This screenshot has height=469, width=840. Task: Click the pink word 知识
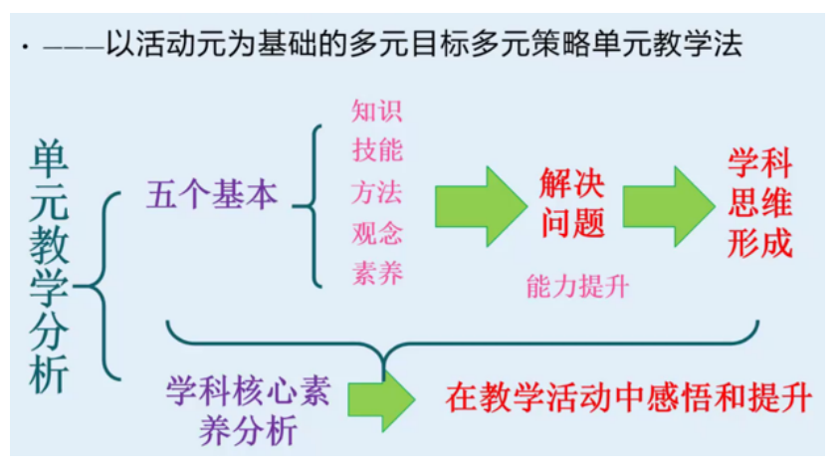pos(377,110)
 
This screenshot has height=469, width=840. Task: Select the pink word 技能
pos(377,150)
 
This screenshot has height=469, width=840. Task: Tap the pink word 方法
pos(377,191)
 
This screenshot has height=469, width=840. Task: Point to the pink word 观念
pos(377,232)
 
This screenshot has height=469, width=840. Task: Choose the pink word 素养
pos(377,272)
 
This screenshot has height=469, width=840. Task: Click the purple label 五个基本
pos(212,194)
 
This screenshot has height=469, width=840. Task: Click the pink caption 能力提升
pos(578,288)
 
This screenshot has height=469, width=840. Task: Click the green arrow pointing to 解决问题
pos(480,206)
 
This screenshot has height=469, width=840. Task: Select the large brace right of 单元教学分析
pos(100,287)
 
